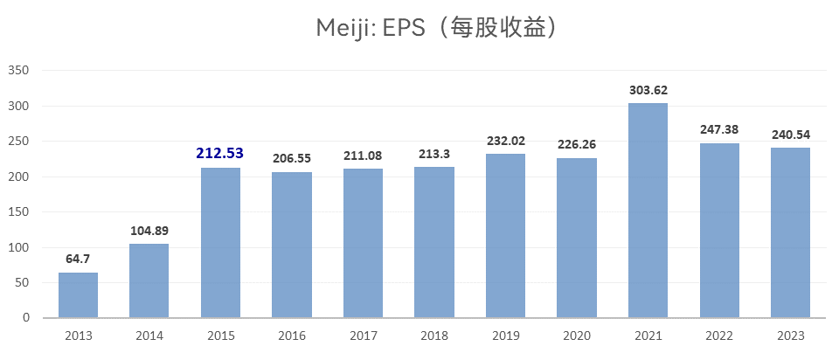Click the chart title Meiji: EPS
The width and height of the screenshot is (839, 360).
[436, 28]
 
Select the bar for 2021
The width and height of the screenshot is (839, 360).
[648, 211]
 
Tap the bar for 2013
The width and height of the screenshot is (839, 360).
[78, 295]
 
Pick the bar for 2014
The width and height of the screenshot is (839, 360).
[149, 280]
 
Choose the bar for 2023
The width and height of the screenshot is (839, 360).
[790, 232]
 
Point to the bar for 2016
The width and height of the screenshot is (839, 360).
[292, 245]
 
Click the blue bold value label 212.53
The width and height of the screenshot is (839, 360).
[219, 153]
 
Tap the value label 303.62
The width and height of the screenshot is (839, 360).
[648, 90]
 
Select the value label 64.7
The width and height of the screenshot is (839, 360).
[78, 260]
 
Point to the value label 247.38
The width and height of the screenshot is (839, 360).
[719, 129]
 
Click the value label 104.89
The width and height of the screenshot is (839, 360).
[149, 231]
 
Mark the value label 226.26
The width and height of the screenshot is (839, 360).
[577, 144]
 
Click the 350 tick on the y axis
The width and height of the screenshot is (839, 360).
[18, 70]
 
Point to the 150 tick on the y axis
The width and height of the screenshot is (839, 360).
[18, 211]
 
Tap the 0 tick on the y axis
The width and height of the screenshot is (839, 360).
[25, 318]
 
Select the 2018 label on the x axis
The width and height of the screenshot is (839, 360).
[434, 336]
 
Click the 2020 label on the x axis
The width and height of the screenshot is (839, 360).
[577, 336]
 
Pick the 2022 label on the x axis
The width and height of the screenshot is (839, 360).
[719, 336]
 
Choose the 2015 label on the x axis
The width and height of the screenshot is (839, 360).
[220, 336]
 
